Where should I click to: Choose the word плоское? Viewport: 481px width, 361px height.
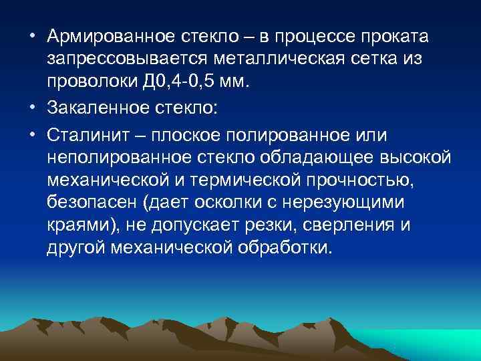click(x=196, y=134)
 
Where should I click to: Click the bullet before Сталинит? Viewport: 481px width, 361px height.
click(x=32, y=134)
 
